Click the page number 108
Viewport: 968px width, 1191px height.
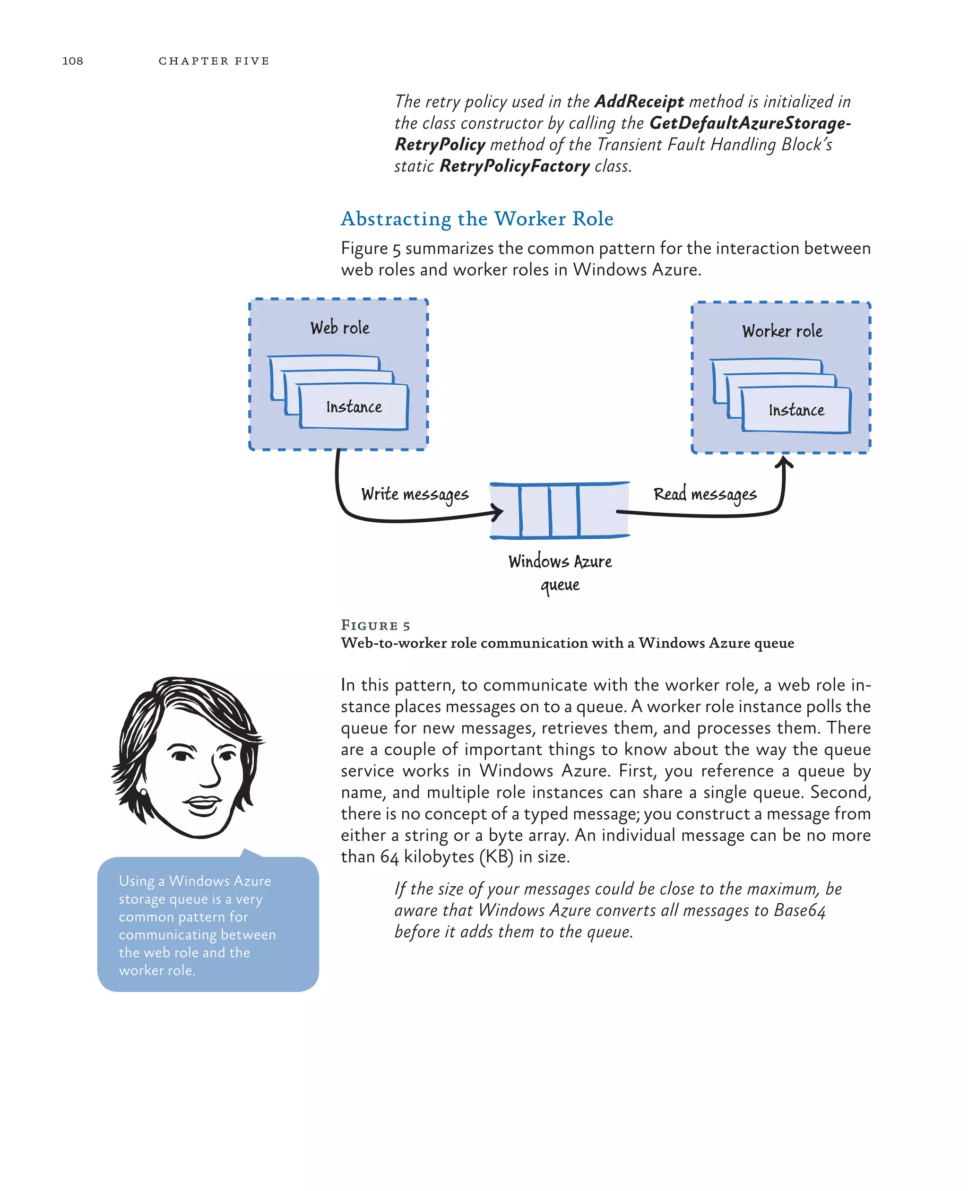click(72, 61)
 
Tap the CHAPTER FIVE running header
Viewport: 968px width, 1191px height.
click(214, 61)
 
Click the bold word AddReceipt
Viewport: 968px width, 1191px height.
click(639, 102)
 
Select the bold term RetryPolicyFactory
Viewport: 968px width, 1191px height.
click(514, 166)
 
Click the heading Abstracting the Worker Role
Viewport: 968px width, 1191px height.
click(477, 218)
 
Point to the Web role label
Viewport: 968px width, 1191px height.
click(339, 328)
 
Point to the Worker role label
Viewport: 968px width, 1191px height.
click(782, 331)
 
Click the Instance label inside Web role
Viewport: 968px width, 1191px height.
click(354, 407)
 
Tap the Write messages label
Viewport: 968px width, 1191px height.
click(415, 494)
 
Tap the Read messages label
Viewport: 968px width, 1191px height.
click(705, 494)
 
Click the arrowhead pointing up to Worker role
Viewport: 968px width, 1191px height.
click(784, 462)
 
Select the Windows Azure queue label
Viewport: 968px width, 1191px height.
click(560, 572)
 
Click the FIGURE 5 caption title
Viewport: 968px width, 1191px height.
click(375, 625)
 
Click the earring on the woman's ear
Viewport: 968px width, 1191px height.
click(144, 792)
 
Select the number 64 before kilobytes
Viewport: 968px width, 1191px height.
click(389, 856)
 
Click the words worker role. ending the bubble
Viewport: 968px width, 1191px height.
click(157, 970)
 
